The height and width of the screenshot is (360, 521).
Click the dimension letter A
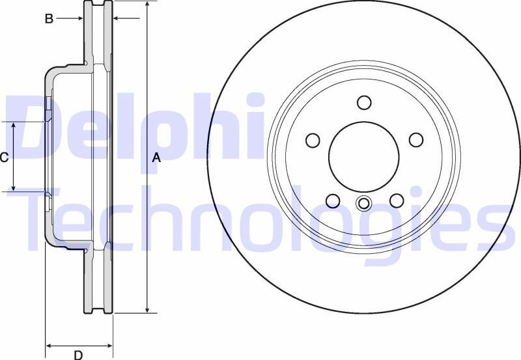(x=156, y=158)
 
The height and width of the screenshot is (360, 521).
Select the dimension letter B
(x=48, y=19)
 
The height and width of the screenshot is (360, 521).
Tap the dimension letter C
(x=4, y=157)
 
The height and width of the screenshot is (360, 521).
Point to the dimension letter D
(x=77, y=355)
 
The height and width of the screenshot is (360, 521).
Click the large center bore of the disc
(x=363, y=155)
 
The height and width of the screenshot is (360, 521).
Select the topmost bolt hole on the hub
(x=364, y=103)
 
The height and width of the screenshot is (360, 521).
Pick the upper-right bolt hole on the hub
(x=415, y=139)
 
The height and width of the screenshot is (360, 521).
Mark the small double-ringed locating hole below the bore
(x=364, y=204)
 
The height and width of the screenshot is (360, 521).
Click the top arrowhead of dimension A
(x=148, y=5)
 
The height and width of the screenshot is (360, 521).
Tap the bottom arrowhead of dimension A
(x=148, y=310)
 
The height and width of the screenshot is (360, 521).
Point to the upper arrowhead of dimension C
(x=14, y=126)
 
